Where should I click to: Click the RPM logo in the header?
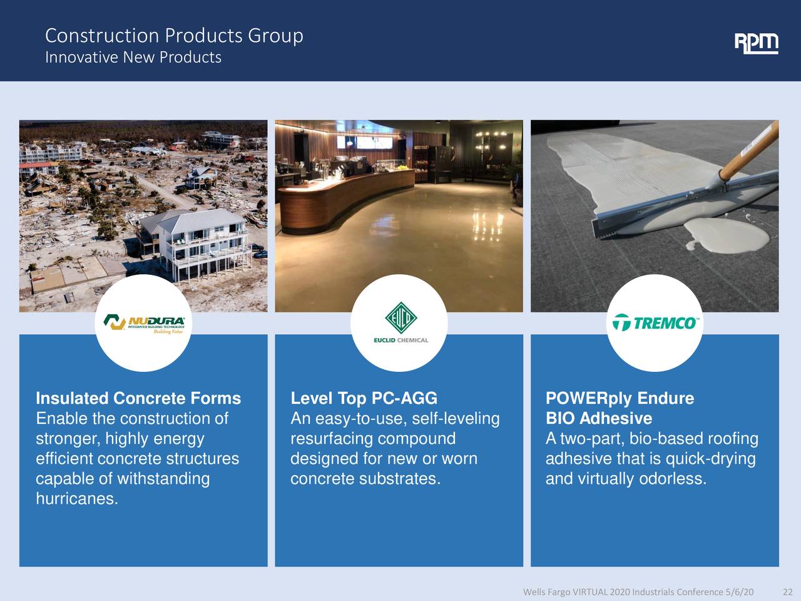pos(756,44)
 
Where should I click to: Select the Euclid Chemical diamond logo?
pos(400,318)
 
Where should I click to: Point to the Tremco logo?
pos(655,322)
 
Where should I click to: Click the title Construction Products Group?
pos(174,36)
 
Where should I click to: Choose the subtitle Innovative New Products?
pos(133,58)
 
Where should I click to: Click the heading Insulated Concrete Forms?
pos(138,398)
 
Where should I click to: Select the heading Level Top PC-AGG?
pos(364,398)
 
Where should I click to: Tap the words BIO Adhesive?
pos(599,418)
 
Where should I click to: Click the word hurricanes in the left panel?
pos(77,498)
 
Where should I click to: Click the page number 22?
pos(787,592)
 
